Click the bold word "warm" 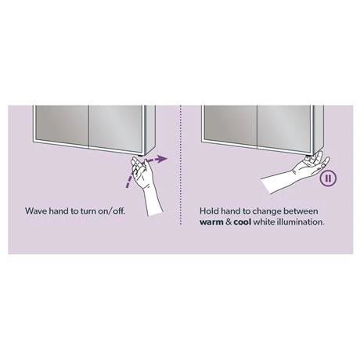tap(213, 222)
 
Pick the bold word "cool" tap(247, 222)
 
